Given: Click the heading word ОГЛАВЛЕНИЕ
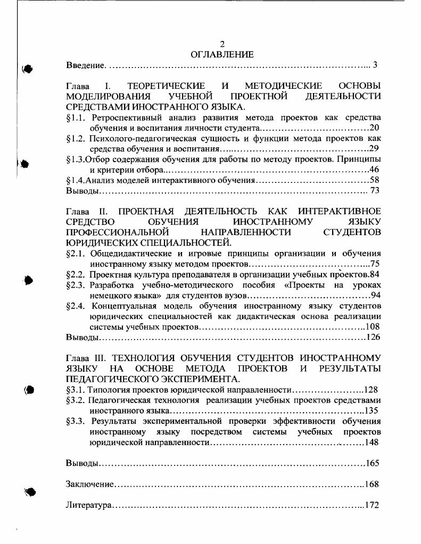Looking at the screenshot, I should pos(222,54).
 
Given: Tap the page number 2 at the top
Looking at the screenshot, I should pos(222,44).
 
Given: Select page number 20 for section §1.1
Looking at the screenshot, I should pos(375,128).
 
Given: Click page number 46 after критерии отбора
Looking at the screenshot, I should pos(375,170).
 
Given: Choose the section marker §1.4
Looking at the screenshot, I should pos(76,180).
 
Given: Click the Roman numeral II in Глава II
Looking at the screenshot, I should pos(104,211).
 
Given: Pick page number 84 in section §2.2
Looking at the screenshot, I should pos(375,274).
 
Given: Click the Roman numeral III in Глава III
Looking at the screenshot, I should pos(106,358).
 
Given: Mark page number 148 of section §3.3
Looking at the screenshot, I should pos(373,442).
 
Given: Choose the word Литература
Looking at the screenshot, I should pos(88,505).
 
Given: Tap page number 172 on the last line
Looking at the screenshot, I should pos(372,505).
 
